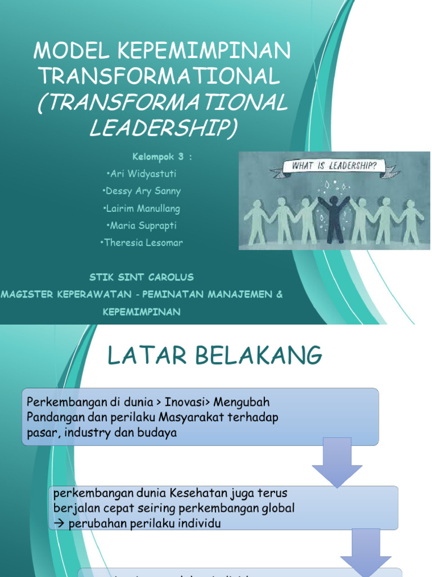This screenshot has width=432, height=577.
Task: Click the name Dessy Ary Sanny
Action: coord(142,191)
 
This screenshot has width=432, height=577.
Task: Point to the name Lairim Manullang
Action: coord(142,208)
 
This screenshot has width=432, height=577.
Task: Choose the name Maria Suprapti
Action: coord(142,225)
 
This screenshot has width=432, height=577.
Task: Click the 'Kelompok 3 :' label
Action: coord(162,157)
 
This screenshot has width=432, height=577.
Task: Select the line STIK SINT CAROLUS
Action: coord(141,277)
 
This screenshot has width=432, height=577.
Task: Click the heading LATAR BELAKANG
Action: coord(215,356)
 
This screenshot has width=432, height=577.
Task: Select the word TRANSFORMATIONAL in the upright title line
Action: coord(157,76)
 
